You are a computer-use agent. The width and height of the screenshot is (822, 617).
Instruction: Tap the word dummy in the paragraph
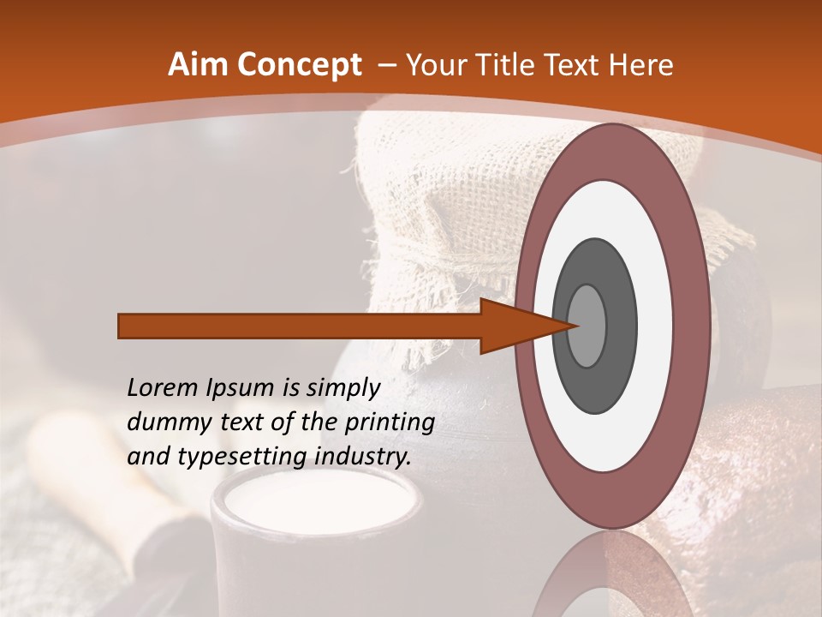tap(164, 422)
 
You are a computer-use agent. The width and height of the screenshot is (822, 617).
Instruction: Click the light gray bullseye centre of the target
tap(586, 326)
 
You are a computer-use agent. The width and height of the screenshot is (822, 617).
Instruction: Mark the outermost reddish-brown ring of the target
tap(611, 151)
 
